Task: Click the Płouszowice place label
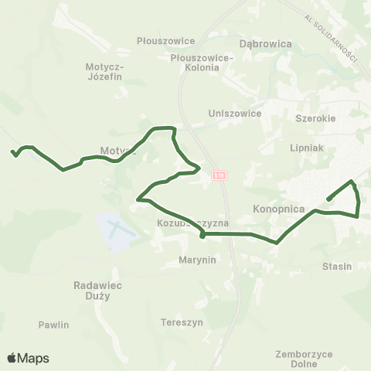tap(158, 41)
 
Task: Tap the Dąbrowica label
tap(266, 44)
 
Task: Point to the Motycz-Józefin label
tap(104, 83)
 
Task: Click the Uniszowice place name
tap(235, 113)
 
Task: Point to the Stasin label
tap(337, 267)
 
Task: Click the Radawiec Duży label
tap(100, 291)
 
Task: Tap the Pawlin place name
tap(53, 325)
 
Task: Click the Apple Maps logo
tap(28, 358)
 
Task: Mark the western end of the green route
tap(13, 152)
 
